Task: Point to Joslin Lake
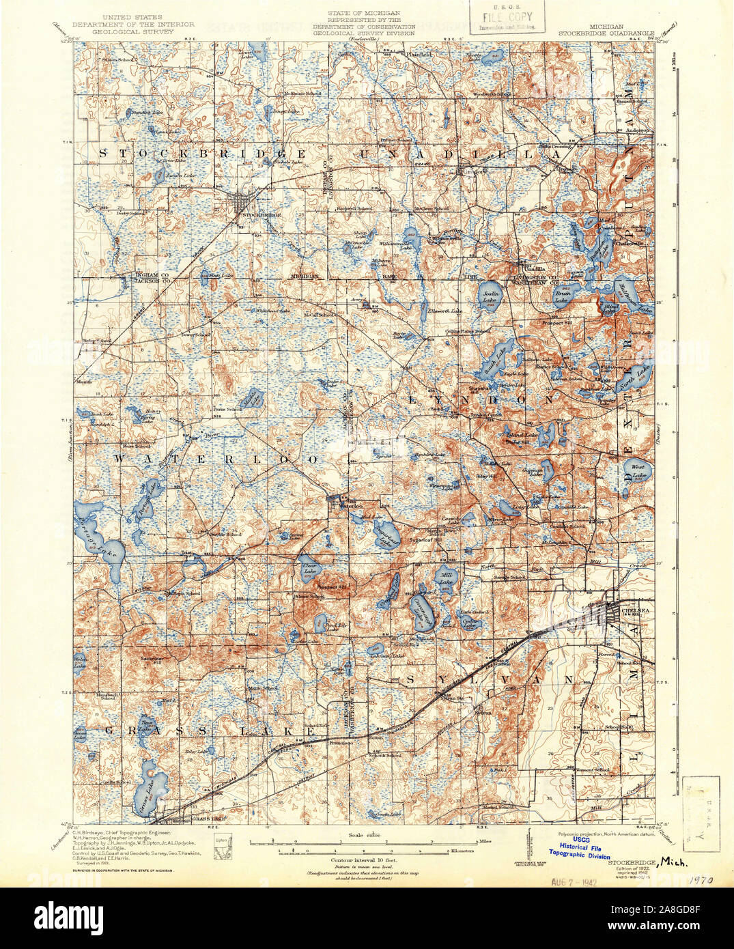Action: [x=491, y=296]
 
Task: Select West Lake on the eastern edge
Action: [x=638, y=470]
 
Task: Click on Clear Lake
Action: [x=309, y=569]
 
